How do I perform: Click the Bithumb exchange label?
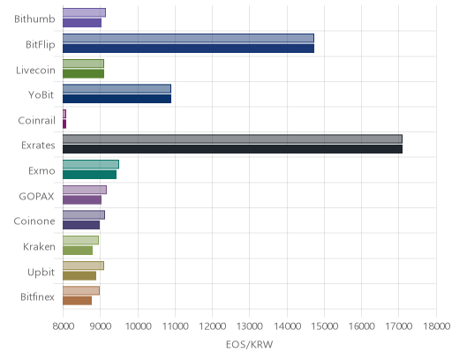pos(34,19)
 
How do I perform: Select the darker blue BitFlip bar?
pos(188,49)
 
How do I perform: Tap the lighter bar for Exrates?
pos(232,139)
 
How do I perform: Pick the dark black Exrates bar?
pos(232,149)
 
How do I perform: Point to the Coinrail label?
pos(36,120)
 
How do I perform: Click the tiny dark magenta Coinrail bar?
pos(64,124)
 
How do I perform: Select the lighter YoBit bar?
pos(117,88)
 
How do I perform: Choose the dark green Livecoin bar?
pos(83,73)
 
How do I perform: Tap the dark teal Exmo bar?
pos(89,175)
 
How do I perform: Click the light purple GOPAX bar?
pos(85,190)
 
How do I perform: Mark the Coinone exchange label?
pos(34,221)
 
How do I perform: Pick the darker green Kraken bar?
pos(78,251)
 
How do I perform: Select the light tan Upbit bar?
pos(83,266)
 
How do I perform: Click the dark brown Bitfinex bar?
pos(77,301)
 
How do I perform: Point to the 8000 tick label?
pos(64,326)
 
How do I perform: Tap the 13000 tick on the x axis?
pos(250,326)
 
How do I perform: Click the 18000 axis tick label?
pos(436,326)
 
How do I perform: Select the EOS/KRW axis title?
pos(249,344)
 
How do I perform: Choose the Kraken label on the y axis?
pos(39,246)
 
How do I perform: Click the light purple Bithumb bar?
pos(84,12)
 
